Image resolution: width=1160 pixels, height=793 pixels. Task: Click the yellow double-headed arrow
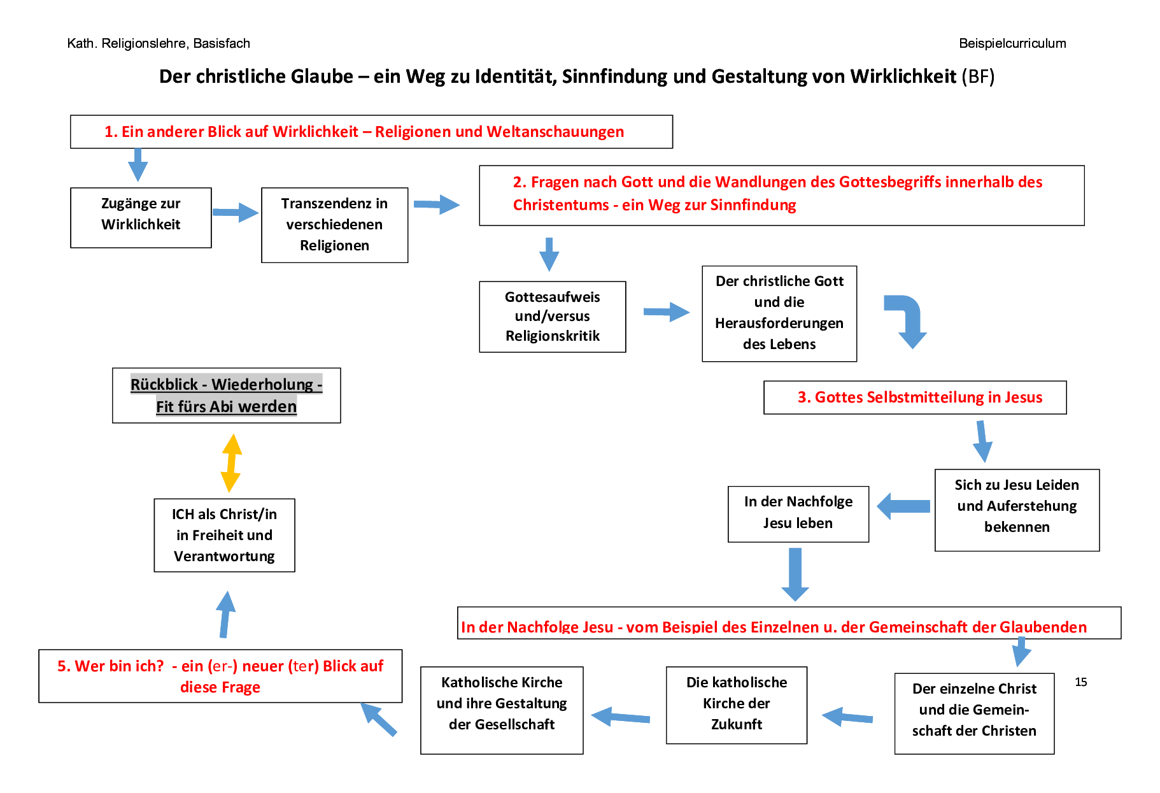pyautogui.click(x=231, y=463)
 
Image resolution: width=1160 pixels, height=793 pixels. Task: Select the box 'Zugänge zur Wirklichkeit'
pyautogui.click(x=141, y=217)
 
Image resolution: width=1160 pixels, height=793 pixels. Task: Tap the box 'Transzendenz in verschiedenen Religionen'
pyautogui.click(x=334, y=225)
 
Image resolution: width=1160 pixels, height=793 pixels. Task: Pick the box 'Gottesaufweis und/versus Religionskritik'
pyautogui.click(x=552, y=317)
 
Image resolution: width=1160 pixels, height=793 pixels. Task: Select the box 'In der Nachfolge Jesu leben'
pyautogui.click(x=798, y=513)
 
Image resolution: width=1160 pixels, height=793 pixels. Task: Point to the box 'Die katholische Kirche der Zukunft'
pyautogui.click(x=736, y=704)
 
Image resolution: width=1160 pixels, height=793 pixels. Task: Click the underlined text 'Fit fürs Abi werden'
pyautogui.click(x=226, y=406)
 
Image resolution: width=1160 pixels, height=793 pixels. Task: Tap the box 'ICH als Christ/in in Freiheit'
pyautogui.click(x=224, y=535)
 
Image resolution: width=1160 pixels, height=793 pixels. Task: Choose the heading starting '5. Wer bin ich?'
pyautogui.click(x=220, y=676)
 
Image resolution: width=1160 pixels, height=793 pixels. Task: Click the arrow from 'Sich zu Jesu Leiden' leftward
pyautogui.click(x=903, y=506)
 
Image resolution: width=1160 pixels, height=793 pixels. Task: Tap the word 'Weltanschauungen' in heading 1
pyautogui.click(x=555, y=132)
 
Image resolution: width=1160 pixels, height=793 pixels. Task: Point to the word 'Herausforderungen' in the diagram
pyautogui.click(x=779, y=324)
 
